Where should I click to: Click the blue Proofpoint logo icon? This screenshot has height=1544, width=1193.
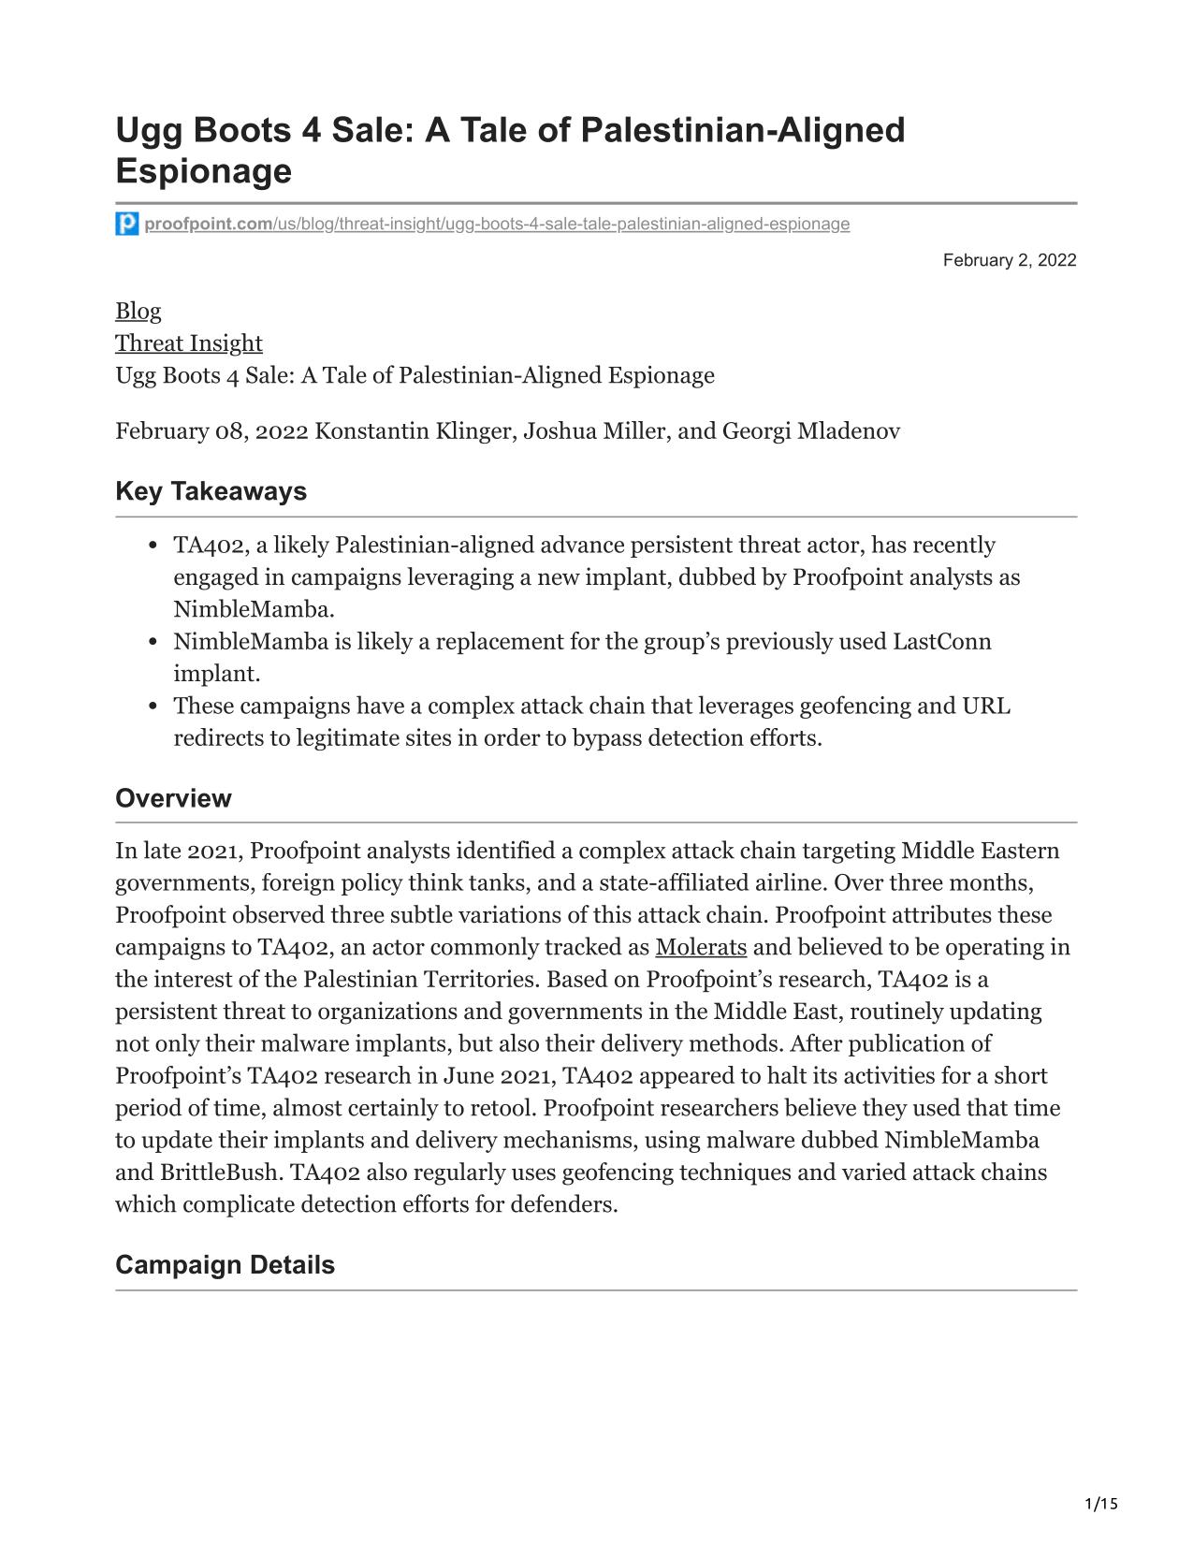127,224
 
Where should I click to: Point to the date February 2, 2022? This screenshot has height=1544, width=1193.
1009,260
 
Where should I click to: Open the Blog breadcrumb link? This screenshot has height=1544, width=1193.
138,311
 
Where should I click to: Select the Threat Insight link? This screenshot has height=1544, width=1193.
188,343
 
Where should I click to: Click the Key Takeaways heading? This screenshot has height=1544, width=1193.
211,491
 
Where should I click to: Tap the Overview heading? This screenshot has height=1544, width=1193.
173,798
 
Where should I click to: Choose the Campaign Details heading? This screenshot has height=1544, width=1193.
225,1265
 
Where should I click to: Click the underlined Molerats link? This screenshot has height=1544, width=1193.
701,947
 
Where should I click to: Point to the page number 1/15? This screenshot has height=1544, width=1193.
1101,1505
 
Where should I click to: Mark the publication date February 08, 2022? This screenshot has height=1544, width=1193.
211,431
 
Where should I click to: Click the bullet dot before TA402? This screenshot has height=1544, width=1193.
152,546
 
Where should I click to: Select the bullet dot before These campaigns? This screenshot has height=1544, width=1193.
152,706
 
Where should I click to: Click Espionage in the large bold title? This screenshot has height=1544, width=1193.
203,171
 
